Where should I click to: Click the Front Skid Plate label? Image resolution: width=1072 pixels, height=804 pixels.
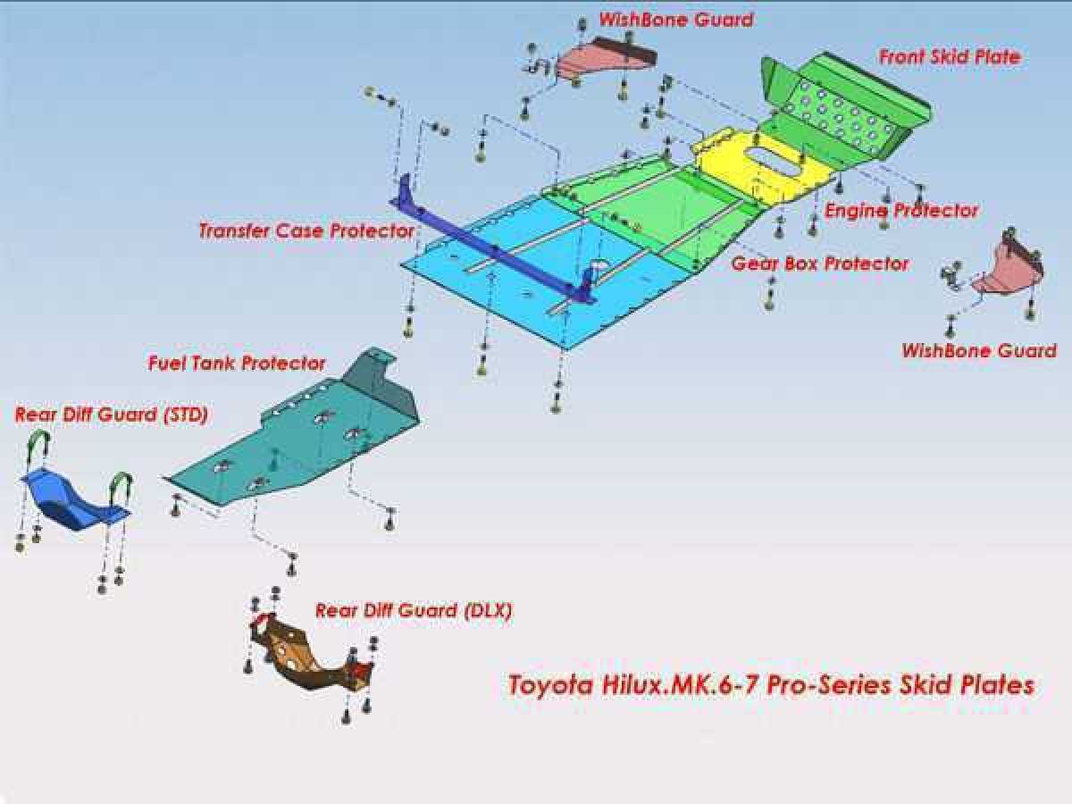(x=950, y=57)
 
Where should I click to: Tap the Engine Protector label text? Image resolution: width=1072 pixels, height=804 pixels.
(x=901, y=211)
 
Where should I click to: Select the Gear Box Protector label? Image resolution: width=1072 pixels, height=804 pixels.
(x=820, y=264)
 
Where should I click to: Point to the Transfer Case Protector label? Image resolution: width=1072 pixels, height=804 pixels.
(x=306, y=230)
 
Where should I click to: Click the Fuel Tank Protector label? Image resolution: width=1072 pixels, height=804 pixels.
(x=237, y=364)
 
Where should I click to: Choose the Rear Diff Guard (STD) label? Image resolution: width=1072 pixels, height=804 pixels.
(x=112, y=415)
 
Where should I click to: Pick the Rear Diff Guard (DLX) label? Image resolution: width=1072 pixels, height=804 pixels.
(x=414, y=610)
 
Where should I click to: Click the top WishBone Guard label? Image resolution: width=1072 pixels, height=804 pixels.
(x=676, y=20)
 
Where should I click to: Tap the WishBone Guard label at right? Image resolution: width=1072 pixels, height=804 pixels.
(x=979, y=350)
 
